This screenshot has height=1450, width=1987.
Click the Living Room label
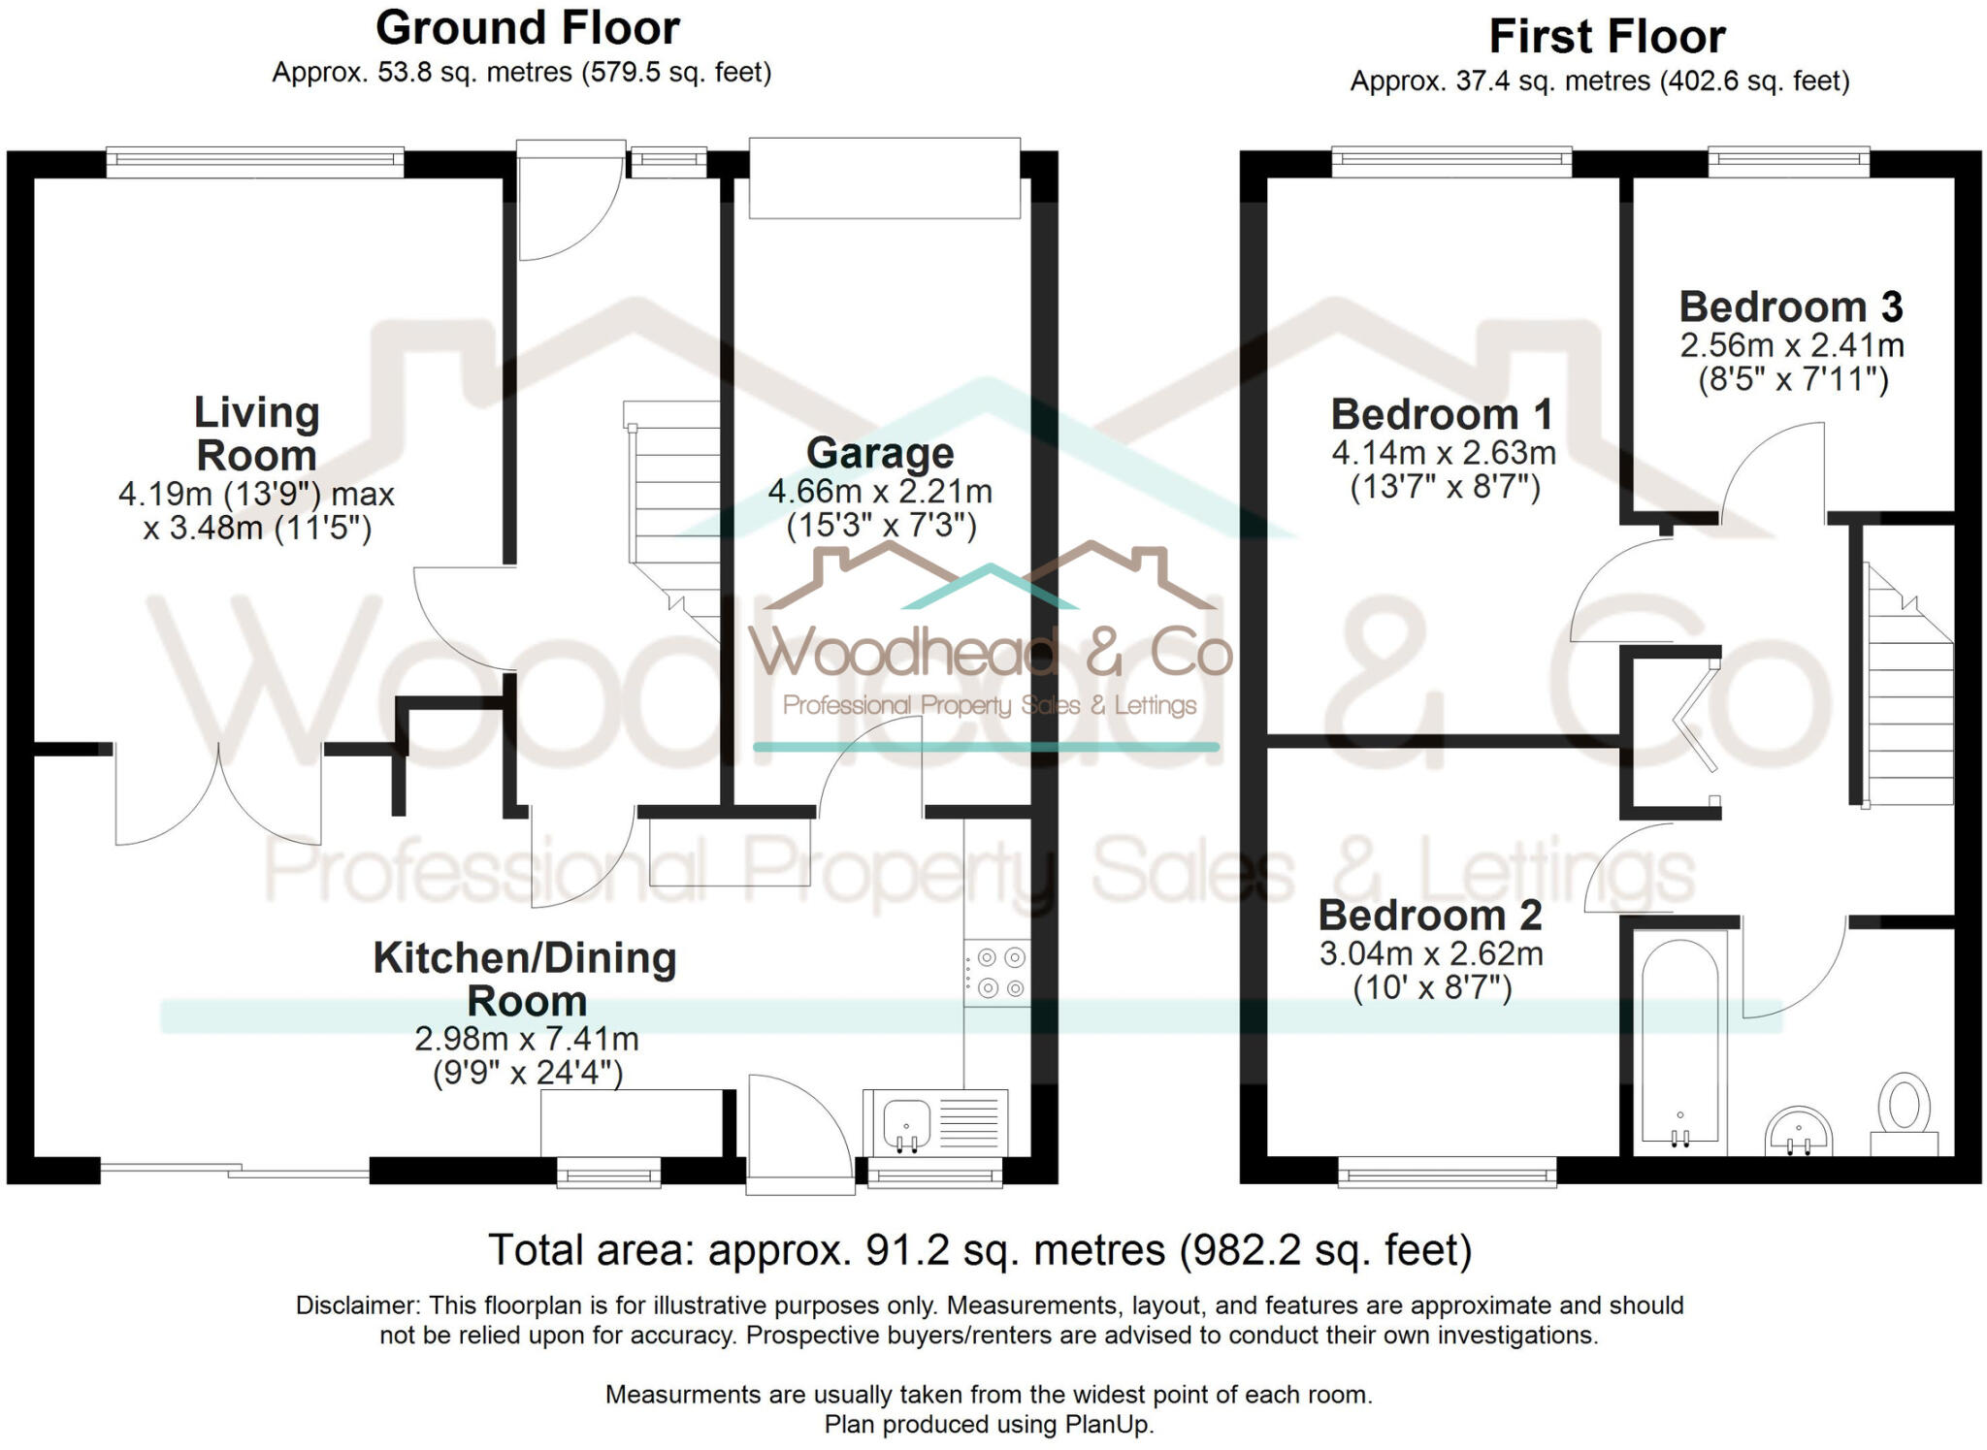pos(256,434)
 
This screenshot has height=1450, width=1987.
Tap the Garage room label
pos(880,453)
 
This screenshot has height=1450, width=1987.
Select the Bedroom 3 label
pos(1791,306)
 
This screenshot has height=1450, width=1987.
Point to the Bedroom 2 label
pos(1430,916)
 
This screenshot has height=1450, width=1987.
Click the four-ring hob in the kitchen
pos(998,973)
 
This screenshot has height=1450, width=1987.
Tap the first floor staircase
pos(1908,693)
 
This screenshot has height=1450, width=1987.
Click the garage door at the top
pos(884,177)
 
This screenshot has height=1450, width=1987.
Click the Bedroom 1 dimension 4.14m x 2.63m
pos(1444,453)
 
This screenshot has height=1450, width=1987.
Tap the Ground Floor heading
pos(527,28)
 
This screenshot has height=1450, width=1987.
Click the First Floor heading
pos(1607,37)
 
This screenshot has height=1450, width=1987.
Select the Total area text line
pos(980,1250)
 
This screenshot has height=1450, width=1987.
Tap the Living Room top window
pos(254,162)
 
